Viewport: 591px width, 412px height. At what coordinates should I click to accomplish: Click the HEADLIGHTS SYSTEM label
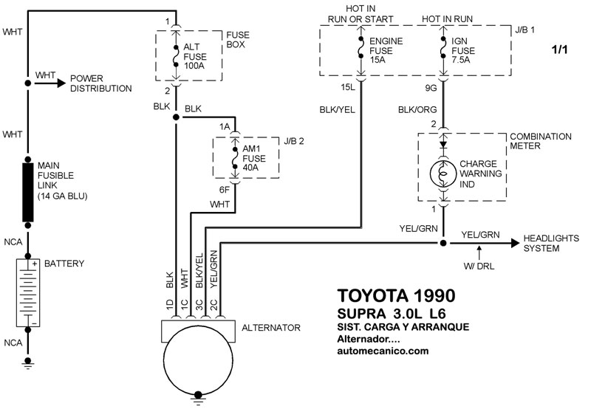[x=551, y=243]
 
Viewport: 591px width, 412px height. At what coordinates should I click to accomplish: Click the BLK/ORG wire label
[x=418, y=108]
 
